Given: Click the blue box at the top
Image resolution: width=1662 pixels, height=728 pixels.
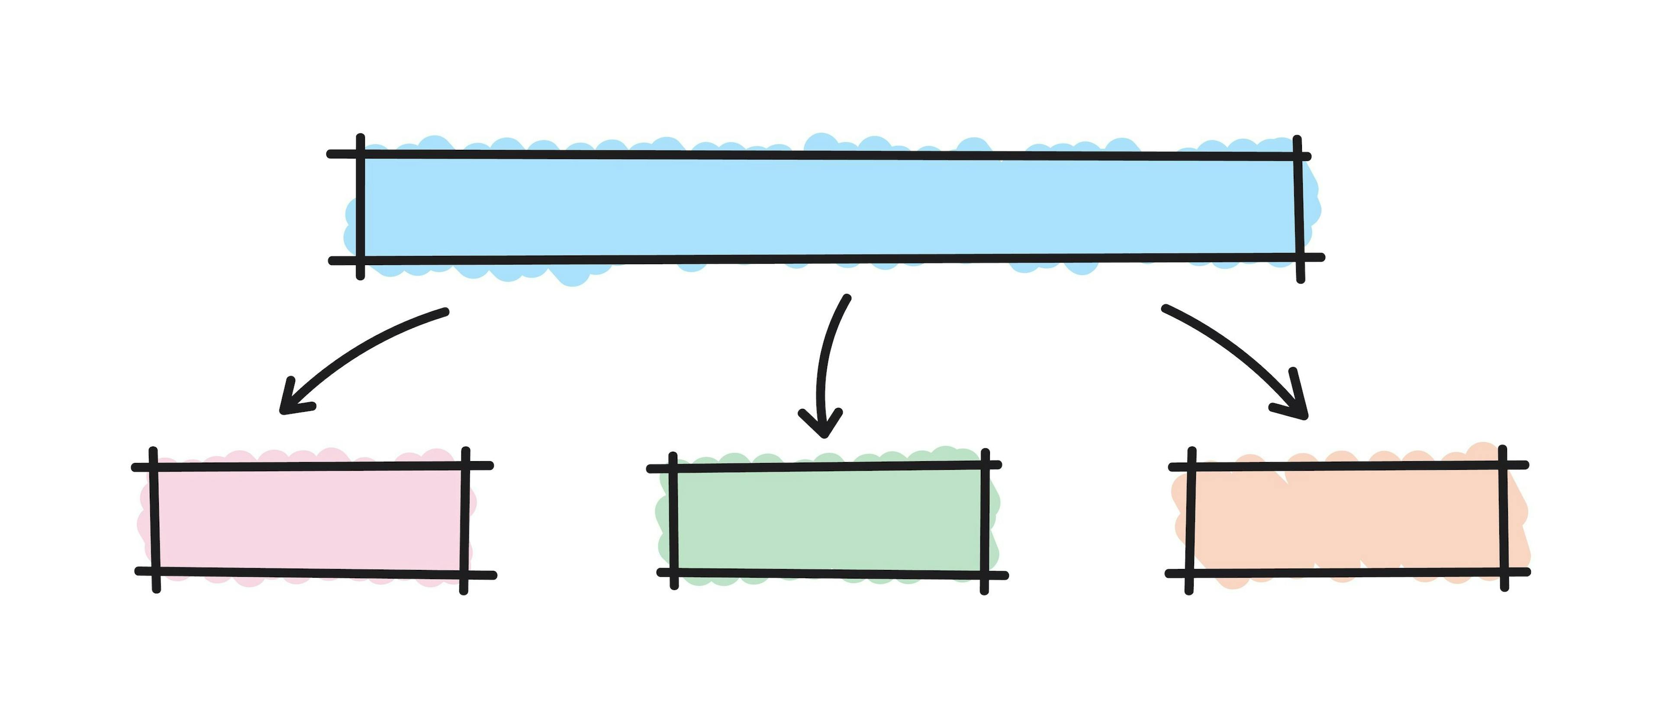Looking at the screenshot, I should tap(829, 207).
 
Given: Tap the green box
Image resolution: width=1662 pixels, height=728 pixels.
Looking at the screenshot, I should tap(828, 520).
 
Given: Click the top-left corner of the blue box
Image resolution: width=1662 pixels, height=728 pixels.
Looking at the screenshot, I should tap(361, 154).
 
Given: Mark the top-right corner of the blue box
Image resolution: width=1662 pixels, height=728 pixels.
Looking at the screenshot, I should tap(1298, 157).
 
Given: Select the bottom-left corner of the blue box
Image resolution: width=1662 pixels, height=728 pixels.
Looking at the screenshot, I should tap(361, 261).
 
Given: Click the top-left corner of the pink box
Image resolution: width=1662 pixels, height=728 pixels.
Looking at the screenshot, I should tap(154, 466).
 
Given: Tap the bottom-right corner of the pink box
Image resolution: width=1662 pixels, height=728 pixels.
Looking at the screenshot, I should tap(464, 574).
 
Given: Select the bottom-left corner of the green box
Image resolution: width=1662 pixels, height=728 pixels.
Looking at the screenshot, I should tap(674, 573).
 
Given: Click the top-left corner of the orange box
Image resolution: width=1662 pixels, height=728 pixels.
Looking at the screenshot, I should tap(1191, 466).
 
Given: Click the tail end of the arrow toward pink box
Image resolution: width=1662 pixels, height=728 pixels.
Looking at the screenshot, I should tap(445, 312).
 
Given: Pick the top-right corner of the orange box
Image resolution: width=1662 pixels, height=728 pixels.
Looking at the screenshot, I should tap(1503, 465).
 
